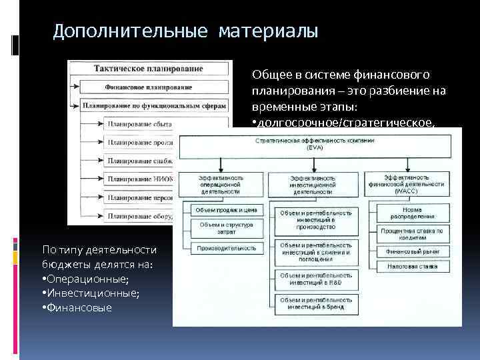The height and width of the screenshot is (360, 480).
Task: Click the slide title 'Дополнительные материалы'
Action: pos(186,31)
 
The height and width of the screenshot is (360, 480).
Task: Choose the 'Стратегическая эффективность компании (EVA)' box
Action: pos(315,145)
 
